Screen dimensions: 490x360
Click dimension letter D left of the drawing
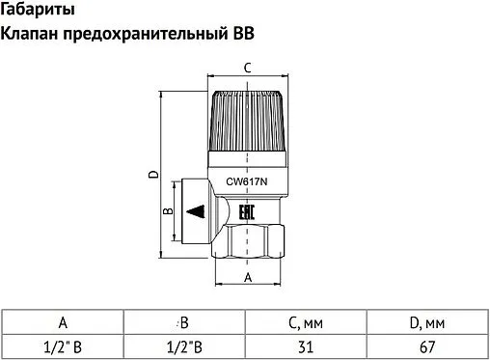(x=152, y=175)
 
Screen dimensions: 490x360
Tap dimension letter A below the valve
(x=247, y=278)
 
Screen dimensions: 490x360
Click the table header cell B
(x=183, y=322)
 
